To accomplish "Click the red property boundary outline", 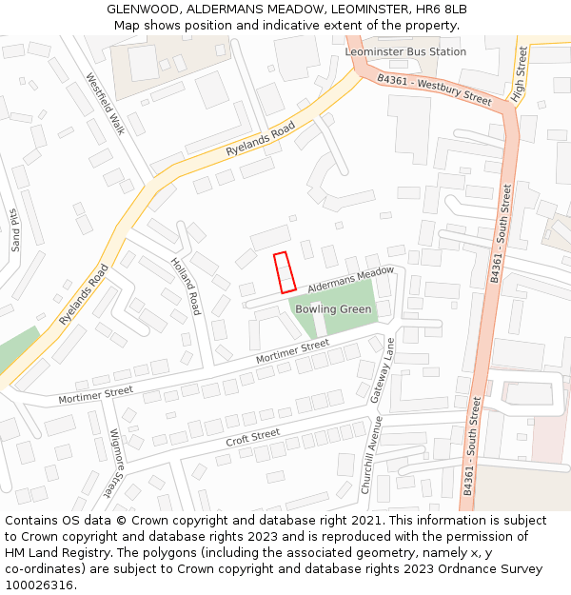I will pyautogui.click(x=285, y=272).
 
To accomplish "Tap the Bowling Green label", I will pyautogui.click(x=333, y=309).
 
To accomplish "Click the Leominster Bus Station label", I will pyautogui.click(x=406, y=51).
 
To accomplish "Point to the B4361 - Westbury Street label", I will pyautogui.click(x=434, y=90).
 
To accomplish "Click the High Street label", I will pyautogui.click(x=520, y=74).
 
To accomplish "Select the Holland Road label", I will pyautogui.click(x=186, y=287).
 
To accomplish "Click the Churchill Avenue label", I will pyautogui.click(x=372, y=454).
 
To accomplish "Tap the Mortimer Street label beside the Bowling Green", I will pyautogui.click(x=294, y=351).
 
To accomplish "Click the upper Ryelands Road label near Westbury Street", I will pyautogui.click(x=254, y=140).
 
